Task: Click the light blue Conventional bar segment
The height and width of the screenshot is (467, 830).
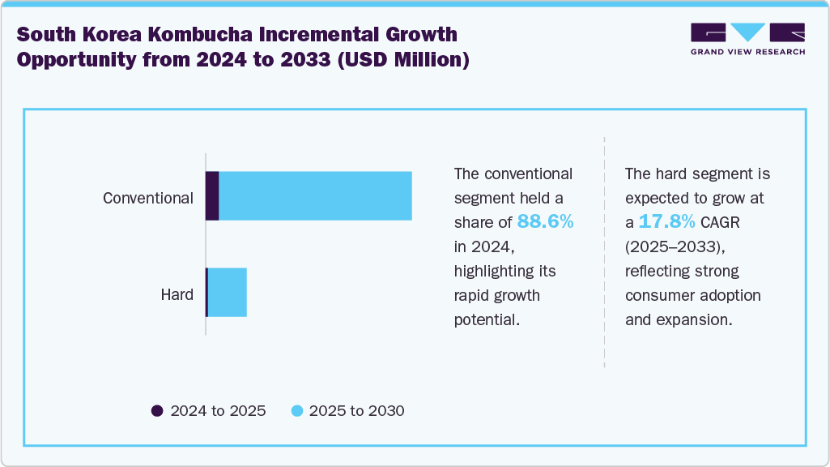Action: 316,196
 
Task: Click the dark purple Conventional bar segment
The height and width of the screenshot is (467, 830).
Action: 212,196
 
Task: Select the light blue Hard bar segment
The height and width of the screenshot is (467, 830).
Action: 228,292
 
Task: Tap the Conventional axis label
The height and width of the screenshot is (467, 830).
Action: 148,198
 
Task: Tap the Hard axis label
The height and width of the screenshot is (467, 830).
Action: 177,294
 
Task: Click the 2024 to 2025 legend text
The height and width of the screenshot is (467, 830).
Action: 218,411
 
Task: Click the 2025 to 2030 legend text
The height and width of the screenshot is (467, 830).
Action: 356,411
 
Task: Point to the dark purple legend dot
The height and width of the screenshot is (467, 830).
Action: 157,411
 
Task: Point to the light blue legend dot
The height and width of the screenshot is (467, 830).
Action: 296,411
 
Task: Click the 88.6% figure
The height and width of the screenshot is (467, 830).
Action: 545,222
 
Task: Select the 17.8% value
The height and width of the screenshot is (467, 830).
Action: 666,222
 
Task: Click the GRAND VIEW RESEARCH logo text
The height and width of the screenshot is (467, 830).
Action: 747,52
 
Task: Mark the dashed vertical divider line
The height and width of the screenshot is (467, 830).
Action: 604,251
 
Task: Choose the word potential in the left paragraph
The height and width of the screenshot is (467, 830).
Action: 486,319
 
